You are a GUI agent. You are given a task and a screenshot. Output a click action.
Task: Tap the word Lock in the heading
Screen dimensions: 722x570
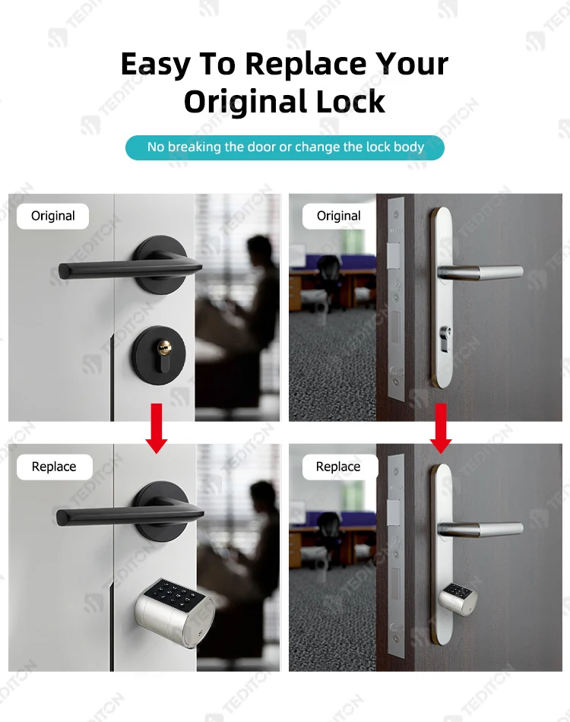point(351,102)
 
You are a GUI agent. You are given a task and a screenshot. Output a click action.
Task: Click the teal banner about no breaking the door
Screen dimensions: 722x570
point(285,147)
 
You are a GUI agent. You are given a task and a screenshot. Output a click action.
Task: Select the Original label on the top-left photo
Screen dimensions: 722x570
point(53,216)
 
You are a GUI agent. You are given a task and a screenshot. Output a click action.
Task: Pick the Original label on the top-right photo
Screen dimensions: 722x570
point(338,216)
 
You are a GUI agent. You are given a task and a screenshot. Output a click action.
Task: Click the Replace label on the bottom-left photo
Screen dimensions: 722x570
point(54,467)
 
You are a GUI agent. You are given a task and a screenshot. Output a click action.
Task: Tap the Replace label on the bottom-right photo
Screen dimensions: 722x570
point(338,467)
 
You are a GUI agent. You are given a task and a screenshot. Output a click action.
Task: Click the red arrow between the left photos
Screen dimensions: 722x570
point(157,429)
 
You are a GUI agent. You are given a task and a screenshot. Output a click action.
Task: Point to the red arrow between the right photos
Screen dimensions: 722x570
point(441,429)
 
